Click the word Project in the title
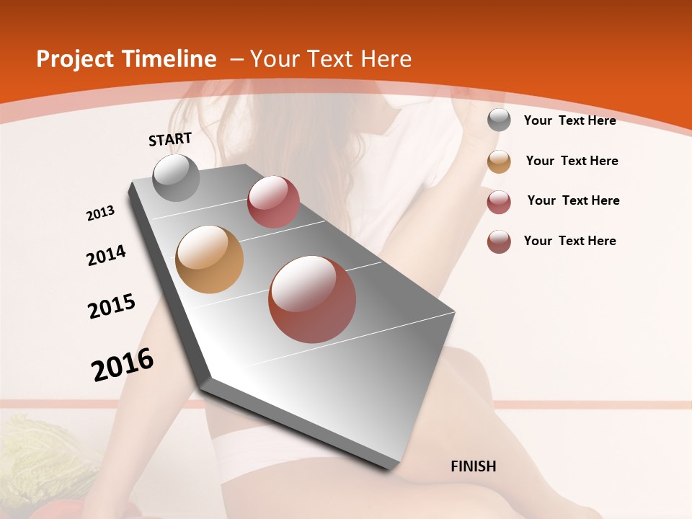point(71,59)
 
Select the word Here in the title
point(386,59)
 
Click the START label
point(170,139)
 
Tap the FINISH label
point(473,466)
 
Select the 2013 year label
point(100,213)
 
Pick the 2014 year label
point(106,255)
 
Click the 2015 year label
point(112,306)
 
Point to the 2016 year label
point(123,364)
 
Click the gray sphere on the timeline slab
point(176,177)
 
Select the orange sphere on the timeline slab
point(209,259)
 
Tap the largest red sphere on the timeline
point(311,299)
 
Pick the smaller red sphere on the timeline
point(273,202)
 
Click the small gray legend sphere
point(499,120)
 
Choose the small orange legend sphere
point(499,161)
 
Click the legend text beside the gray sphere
point(569,120)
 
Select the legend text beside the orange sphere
point(572,161)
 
